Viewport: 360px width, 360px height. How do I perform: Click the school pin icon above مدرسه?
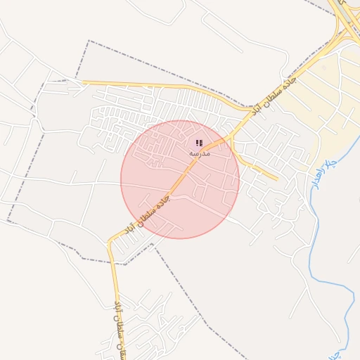200,143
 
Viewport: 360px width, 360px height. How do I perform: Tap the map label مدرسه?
200,153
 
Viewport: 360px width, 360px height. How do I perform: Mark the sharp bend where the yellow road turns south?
110,243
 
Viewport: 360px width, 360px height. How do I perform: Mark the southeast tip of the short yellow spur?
276,179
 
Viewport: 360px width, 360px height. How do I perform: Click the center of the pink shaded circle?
180,179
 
